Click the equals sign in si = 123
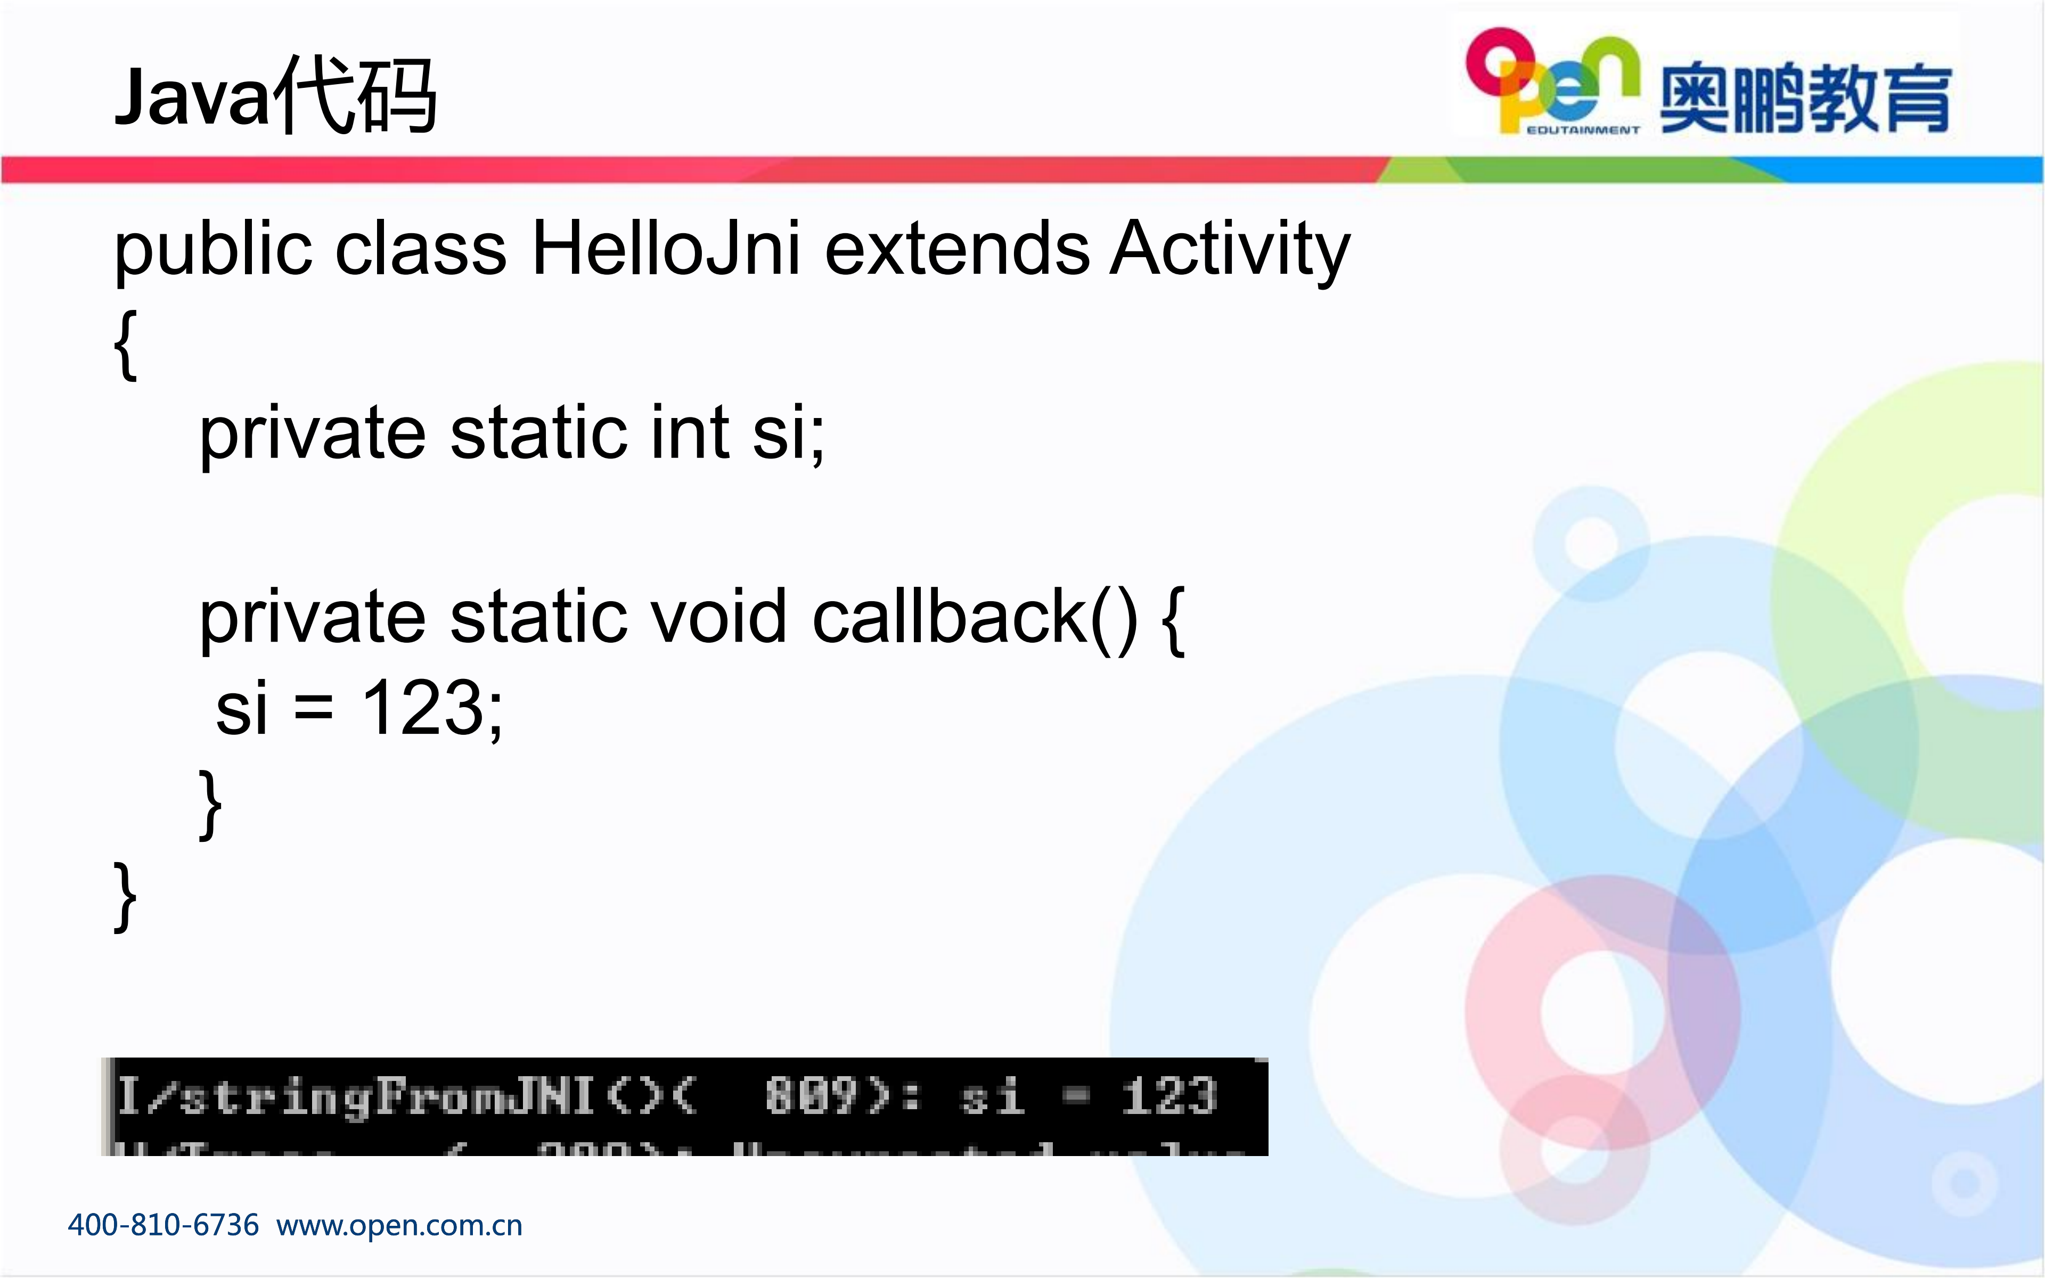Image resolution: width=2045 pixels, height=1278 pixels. (x=314, y=708)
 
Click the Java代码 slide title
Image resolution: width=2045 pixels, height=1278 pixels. (x=275, y=95)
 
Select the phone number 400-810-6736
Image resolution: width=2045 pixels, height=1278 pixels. (x=163, y=1225)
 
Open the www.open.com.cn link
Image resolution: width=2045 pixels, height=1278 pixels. (x=399, y=1225)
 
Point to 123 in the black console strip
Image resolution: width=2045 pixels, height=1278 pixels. (x=1169, y=1096)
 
